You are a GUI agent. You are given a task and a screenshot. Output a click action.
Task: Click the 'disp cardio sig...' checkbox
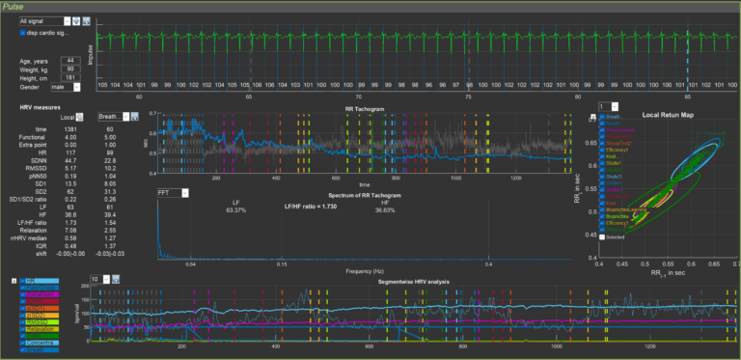tap(22, 32)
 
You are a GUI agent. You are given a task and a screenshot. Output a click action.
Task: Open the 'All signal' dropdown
tap(44, 19)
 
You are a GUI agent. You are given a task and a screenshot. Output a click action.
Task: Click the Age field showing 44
tap(72, 60)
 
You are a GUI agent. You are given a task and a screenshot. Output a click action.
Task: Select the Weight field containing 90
tap(72, 69)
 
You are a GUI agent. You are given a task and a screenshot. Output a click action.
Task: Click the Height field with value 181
tap(72, 78)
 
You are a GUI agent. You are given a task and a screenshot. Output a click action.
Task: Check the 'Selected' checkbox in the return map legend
tap(603, 236)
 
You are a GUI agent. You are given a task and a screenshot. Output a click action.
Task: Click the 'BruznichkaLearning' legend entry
tap(627, 208)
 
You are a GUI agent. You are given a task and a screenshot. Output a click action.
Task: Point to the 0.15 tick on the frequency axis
tap(281, 263)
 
